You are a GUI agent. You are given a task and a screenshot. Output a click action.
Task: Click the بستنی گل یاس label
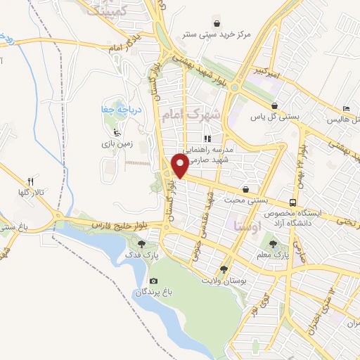(271, 117)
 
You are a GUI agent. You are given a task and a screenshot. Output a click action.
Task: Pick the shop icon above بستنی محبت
(245, 189)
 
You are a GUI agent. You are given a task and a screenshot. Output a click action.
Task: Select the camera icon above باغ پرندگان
(154, 281)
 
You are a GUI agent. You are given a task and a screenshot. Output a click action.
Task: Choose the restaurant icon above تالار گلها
(30, 183)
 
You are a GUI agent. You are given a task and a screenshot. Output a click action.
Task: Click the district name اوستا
(245, 225)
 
